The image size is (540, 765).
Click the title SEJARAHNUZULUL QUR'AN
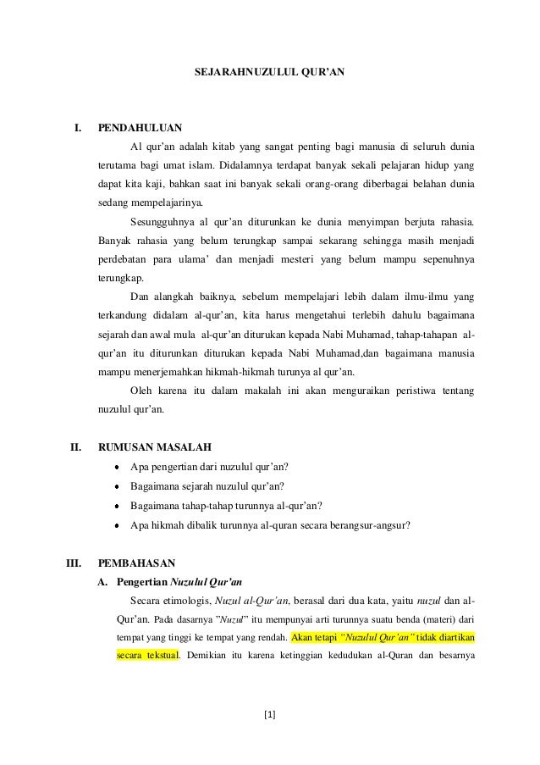[269, 74]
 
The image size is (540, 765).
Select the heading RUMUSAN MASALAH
[154, 446]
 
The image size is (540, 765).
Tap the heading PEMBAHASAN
[136, 562]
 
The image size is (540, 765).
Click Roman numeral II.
[74, 446]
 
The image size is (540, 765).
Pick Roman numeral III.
[73, 562]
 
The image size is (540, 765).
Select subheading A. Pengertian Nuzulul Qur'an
[170, 582]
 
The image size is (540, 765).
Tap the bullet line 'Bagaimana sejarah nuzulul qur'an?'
[207, 485]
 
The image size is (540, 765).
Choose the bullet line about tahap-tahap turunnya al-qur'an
[224, 506]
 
